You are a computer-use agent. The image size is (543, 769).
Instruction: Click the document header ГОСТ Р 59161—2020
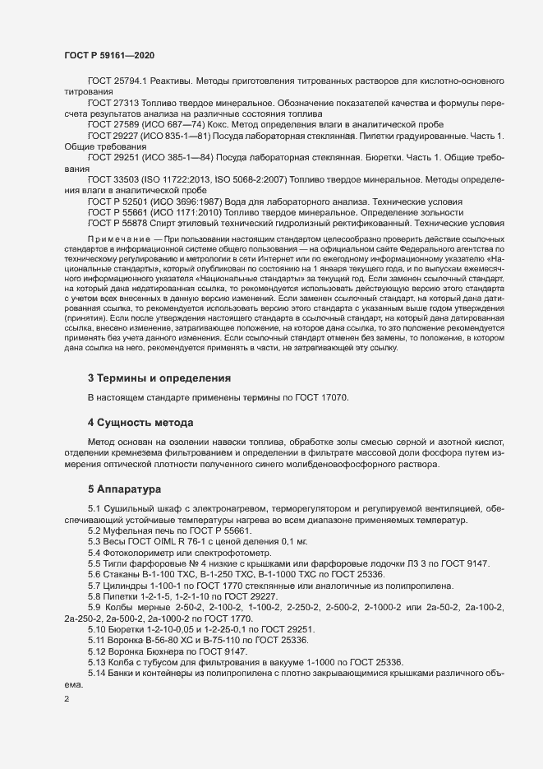click(108, 55)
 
